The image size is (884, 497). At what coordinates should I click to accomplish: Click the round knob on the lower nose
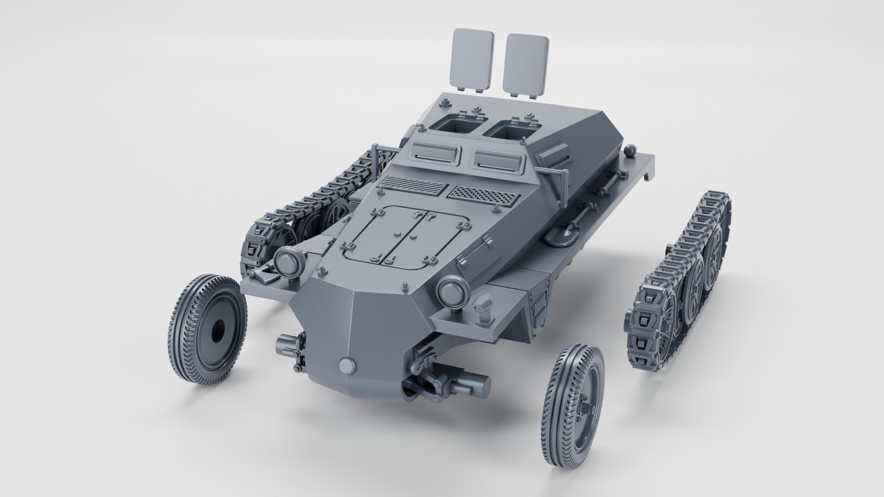(x=348, y=366)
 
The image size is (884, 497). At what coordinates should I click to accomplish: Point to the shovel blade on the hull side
(x=560, y=236)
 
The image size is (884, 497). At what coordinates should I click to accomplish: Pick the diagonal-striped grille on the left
(x=414, y=185)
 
